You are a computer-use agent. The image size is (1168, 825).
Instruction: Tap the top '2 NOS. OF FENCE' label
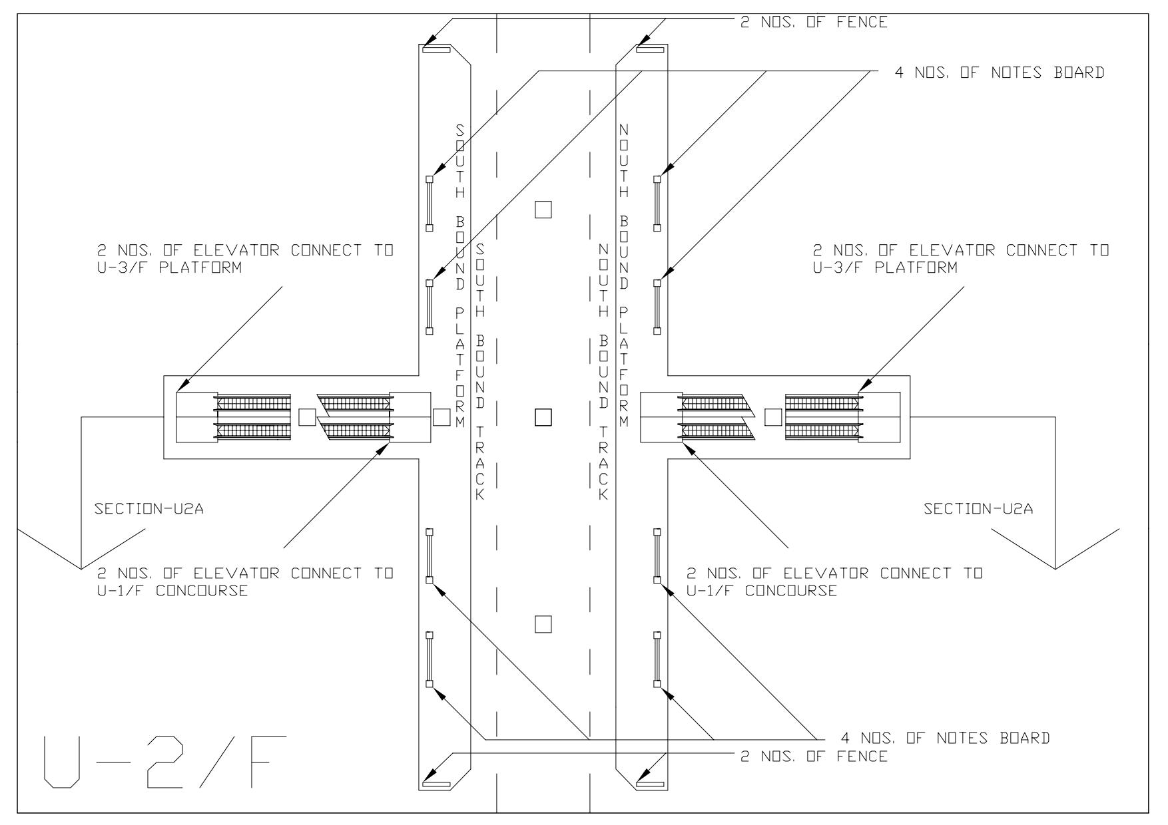(x=814, y=23)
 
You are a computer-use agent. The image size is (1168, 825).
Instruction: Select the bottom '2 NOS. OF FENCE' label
(x=814, y=756)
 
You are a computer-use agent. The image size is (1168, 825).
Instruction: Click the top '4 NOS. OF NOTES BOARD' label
(x=999, y=73)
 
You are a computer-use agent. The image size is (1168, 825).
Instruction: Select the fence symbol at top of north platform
(x=650, y=49)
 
